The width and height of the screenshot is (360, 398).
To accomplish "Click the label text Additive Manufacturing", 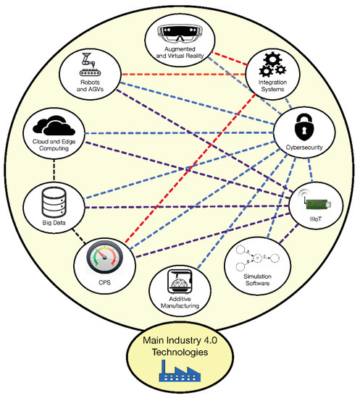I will (x=177, y=300).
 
